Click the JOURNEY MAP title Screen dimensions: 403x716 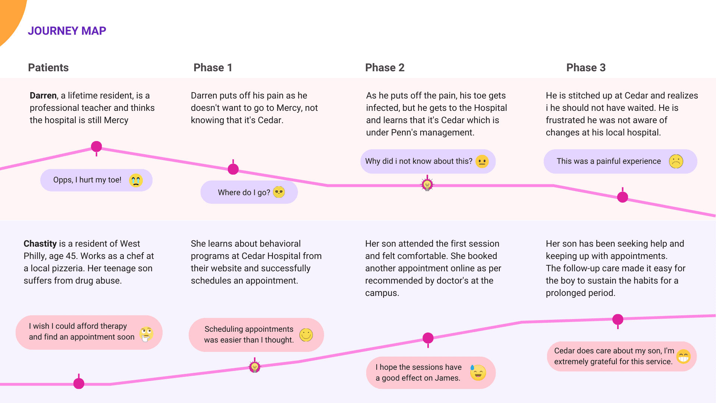click(x=67, y=31)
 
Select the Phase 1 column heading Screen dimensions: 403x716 click(x=213, y=68)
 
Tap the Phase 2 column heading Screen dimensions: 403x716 click(x=384, y=68)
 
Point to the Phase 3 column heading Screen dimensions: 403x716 click(x=586, y=68)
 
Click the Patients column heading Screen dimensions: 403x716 click(x=48, y=68)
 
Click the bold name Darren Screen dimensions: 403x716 click(x=43, y=96)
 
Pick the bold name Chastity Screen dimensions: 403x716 click(x=40, y=244)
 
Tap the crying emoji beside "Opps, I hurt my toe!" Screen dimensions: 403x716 click(x=136, y=180)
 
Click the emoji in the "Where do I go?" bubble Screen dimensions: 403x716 click(x=279, y=192)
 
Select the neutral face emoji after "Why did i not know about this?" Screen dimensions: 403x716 click(x=482, y=161)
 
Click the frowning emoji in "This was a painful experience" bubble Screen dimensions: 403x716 click(x=676, y=161)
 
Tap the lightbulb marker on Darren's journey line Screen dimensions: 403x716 click(x=427, y=184)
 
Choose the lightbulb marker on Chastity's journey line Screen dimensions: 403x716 click(x=255, y=367)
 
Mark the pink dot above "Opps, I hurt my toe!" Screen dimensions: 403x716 click(x=97, y=147)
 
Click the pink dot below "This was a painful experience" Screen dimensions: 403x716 click(x=622, y=197)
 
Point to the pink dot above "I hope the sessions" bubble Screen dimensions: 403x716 click(x=428, y=338)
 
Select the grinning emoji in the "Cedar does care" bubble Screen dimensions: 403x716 click(x=683, y=356)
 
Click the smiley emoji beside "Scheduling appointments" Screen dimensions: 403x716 click(x=306, y=335)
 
